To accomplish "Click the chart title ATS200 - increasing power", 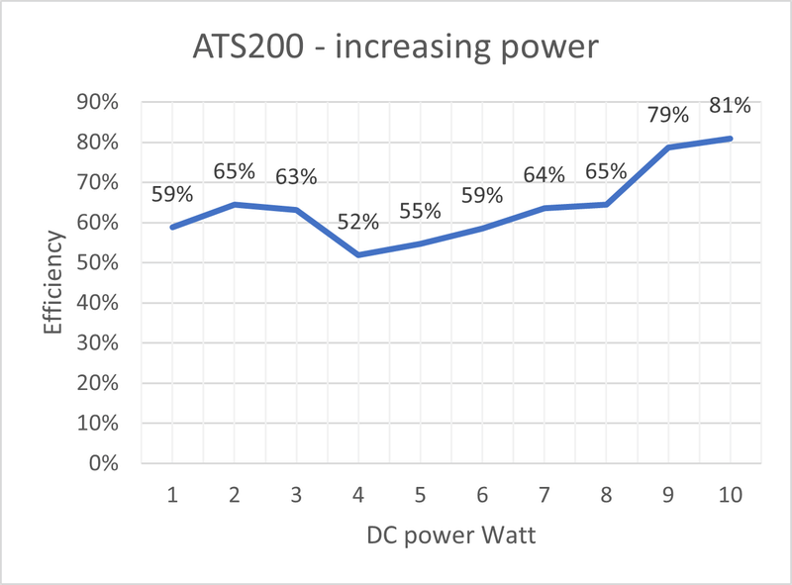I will pyautogui.click(x=396, y=48).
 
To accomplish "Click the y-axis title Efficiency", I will pyautogui.click(x=55, y=283).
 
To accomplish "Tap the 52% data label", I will pyautogui.click(x=358, y=222).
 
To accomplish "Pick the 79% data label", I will pyautogui.click(x=668, y=115).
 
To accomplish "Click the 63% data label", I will pyautogui.click(x=296, y=177).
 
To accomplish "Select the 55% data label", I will pyautogui.click(x=420, y=211).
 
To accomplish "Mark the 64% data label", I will pyautogui.click(x=544, y=175).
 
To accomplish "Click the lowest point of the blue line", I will pyautogui.click(x=357, y=255).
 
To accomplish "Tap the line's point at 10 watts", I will pyautogui.click(x=731, y=139).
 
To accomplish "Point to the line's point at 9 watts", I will pyautogui.click(x=668, y=147).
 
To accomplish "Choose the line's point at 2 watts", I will pyautogui.click(x=234, y=204).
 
